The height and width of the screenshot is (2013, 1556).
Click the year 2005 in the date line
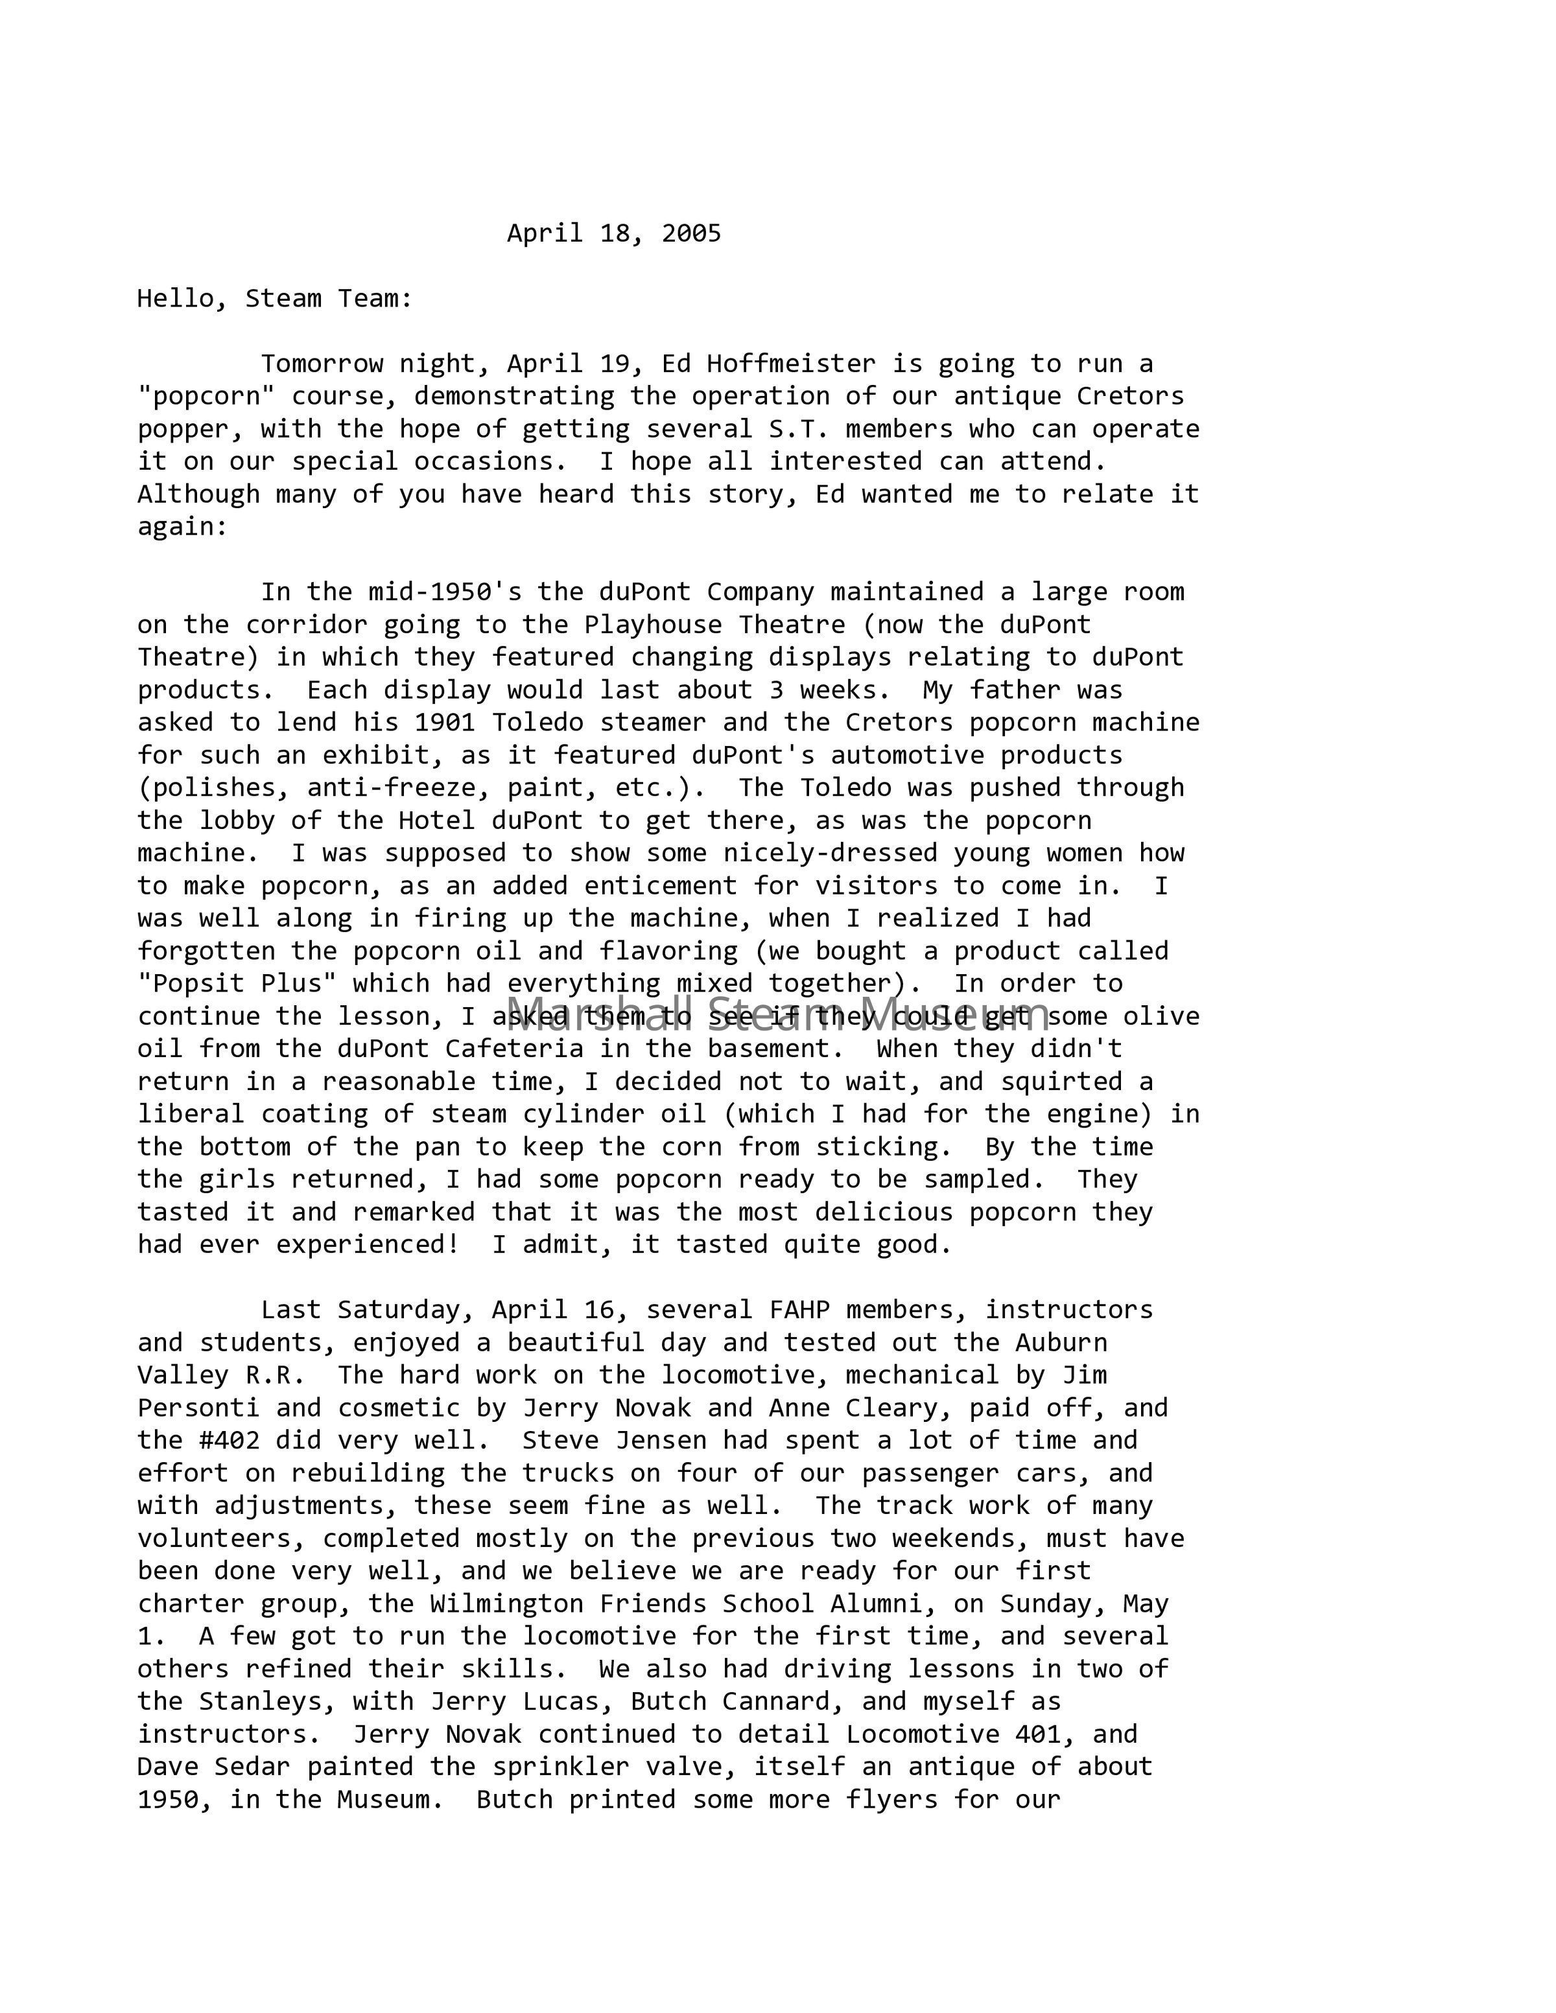pos(690,233)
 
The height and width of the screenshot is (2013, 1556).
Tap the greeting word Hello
pos(175,299)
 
